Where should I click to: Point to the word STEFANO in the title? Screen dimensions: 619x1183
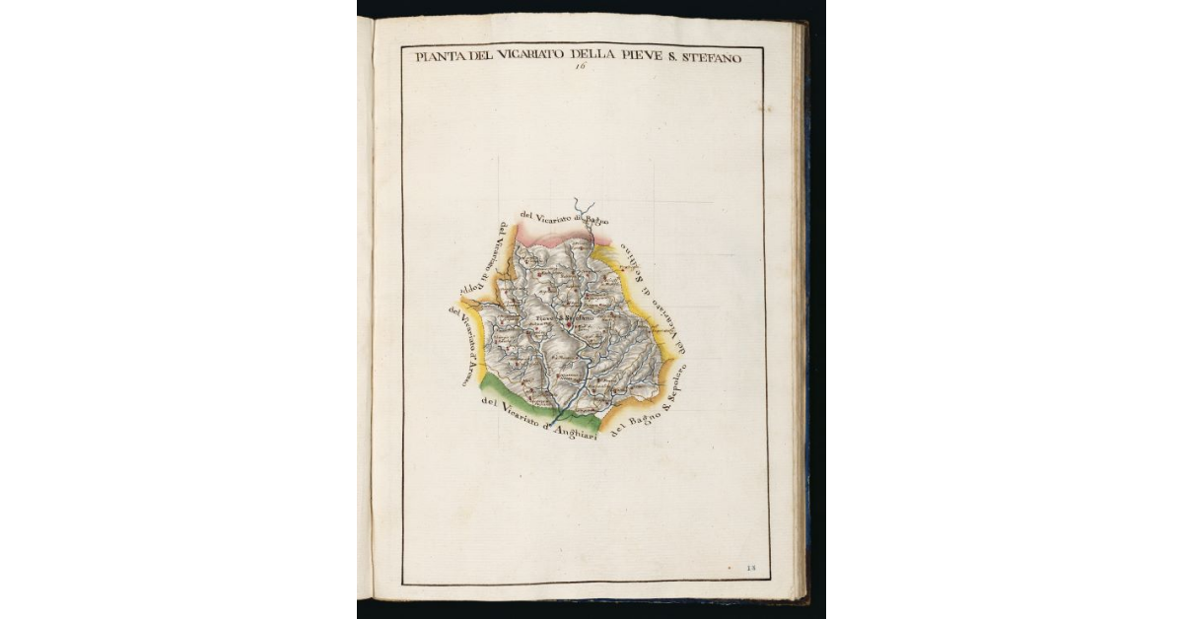(x=713, y=57)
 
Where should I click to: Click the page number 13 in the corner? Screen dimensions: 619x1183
(x=750, y=569)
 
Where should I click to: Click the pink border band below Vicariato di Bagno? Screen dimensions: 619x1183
(x=552, y=236)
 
